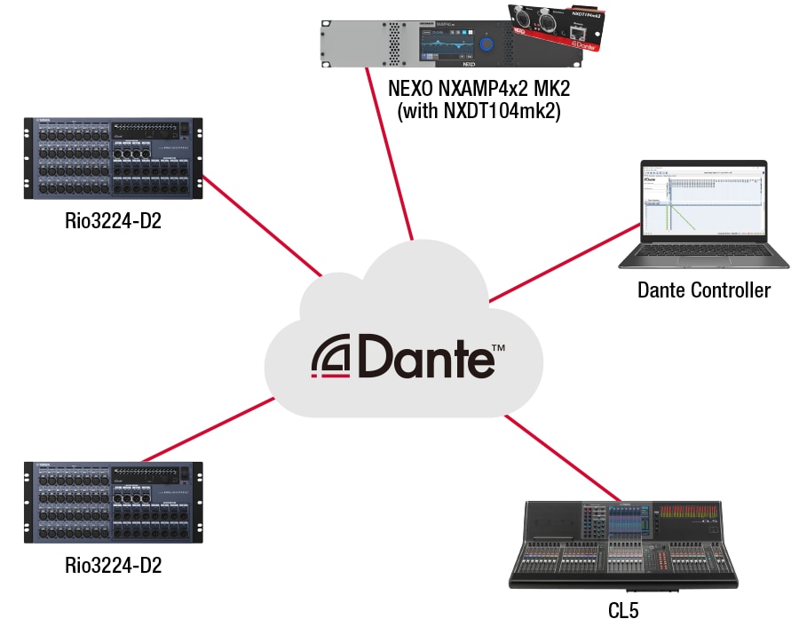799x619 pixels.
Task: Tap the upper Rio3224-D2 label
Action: point(113,220)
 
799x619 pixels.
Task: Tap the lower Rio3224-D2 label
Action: point(113,565)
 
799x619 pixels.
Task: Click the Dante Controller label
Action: point(704,290)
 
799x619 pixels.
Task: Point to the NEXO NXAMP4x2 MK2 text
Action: point(478,90)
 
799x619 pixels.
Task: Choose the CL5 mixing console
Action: point(623,544)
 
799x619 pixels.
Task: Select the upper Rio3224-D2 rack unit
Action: point(113,158)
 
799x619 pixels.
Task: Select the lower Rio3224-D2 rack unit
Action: point(113,502)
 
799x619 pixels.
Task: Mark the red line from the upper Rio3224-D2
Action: point(262,225)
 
